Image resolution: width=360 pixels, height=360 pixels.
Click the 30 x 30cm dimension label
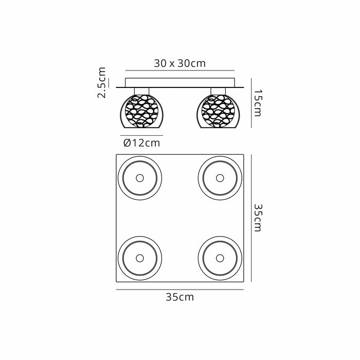click(x=180, y=63)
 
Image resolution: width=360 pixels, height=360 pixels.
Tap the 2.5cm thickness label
click(x=101, y=82)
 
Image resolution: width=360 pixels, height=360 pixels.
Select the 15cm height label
click(x=258, y=103)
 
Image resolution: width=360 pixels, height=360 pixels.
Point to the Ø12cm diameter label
click(x=141, y=143)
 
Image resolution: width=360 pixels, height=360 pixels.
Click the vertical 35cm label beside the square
click(x=258, y=218)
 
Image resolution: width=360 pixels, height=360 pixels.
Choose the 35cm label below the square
click(x=180, y=297)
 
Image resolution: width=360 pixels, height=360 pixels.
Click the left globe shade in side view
click(x=141, y=111)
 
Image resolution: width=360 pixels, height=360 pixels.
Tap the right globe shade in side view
click(x=218, y=111)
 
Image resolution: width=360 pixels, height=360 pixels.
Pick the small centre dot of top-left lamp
click(x=140, y=178)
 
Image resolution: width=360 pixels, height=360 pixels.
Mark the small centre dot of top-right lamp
click(x=220, y=178)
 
